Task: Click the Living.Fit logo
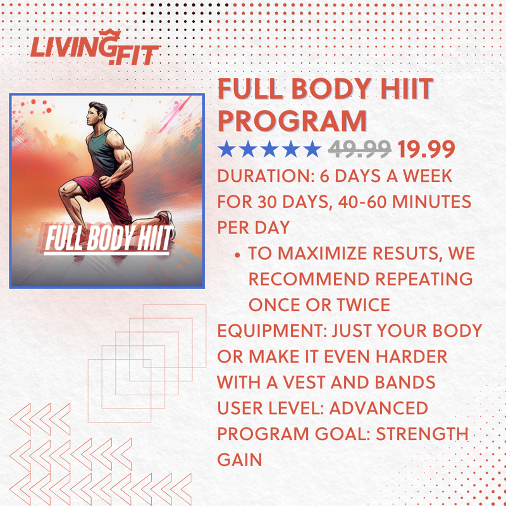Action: pyautogui.click(x=94, y=50)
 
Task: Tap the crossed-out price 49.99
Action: pyautogui.click(x=359, y=150)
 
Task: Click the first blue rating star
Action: pyautogui.click(x=226, y=150)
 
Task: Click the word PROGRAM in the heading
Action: pyautogui.click(x=292, y=120)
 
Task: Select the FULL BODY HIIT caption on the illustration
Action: pyautogui.click(x=108, y=240)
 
